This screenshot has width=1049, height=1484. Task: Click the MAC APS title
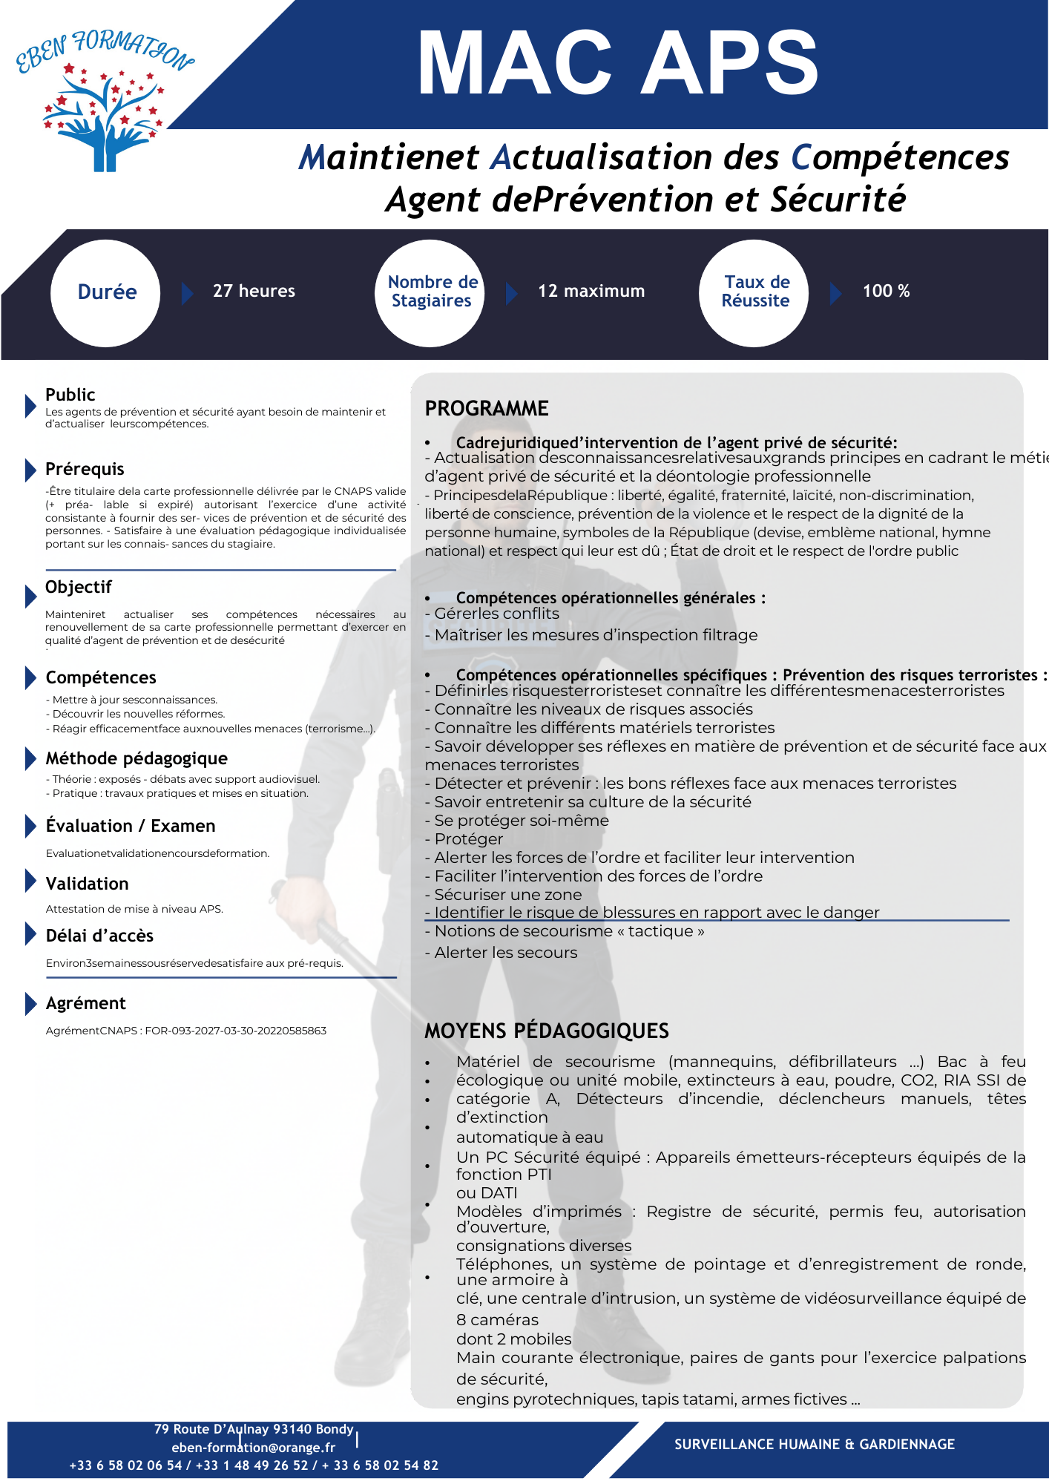(618, 64)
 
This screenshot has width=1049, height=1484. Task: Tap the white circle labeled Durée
(106, 292)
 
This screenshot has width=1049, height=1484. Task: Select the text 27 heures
(254, 291)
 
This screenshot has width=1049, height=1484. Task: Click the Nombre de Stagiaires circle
(431, 292)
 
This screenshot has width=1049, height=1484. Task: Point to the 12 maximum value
(591, 291)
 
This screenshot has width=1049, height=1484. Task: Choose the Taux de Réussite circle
(755, 292)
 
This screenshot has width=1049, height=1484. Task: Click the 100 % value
(886, 291)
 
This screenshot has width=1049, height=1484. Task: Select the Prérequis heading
(85, 469)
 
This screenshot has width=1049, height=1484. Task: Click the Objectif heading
(78, 587)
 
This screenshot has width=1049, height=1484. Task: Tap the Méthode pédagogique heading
(137, 758)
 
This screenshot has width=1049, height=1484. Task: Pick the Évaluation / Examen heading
(131, 826)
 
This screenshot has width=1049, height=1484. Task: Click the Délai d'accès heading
(99, 936)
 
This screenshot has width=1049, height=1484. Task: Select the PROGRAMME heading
(487, 408)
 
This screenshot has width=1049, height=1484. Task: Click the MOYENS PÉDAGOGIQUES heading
(547, 1031)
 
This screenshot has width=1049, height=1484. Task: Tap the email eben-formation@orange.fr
(254, 1447)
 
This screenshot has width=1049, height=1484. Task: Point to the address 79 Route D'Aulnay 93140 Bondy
(254, 1429)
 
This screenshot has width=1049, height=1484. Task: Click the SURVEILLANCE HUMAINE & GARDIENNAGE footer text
(815, 1444)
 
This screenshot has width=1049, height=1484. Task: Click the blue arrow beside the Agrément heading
(30, 1003)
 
